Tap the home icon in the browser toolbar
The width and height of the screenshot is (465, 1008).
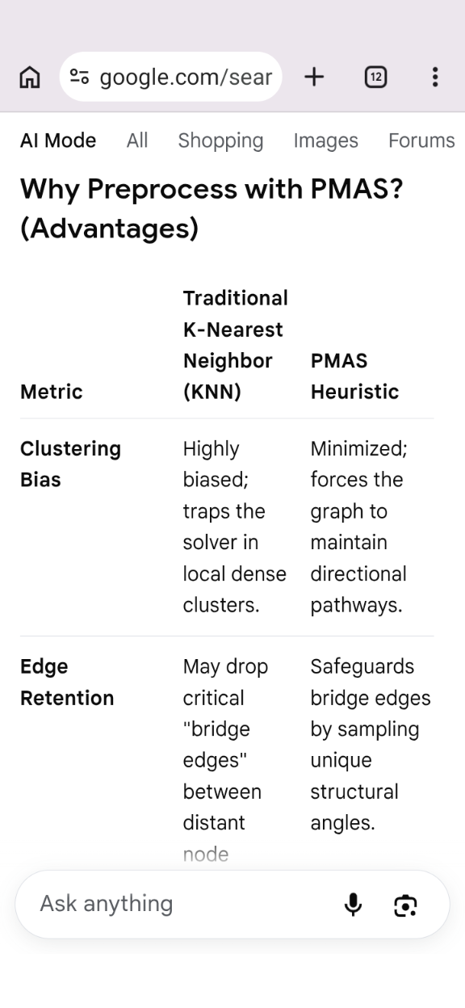tap(30, 77)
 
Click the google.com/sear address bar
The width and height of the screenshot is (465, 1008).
tap(171, 77)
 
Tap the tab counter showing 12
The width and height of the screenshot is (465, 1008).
tap(375, 77)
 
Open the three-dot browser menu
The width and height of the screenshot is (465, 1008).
tap(435, 77)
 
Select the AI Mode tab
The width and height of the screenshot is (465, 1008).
tap(58, 141)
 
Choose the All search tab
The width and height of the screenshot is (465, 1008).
tap(137, 141)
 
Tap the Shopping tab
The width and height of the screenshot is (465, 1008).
tap(221, 141)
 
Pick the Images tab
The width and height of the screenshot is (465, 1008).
tap(326, 141)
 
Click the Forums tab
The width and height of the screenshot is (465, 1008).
tap(422, 141)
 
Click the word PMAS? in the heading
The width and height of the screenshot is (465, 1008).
tap(357, 189)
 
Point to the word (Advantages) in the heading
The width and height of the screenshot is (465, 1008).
tap(109, 229)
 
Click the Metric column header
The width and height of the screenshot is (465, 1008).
tap(52, 392)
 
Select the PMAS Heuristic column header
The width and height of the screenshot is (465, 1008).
tap(355, 376)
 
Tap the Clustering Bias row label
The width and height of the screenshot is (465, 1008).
tap(70, 464)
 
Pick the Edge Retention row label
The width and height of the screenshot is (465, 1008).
tap(67, 682)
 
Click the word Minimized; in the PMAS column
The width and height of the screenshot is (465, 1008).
tap(359, 448)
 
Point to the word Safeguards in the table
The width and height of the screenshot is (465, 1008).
tap(362, 666)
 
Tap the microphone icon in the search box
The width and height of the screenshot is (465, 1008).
tap(353, 905)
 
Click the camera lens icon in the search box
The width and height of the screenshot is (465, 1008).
tap(405, 905)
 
